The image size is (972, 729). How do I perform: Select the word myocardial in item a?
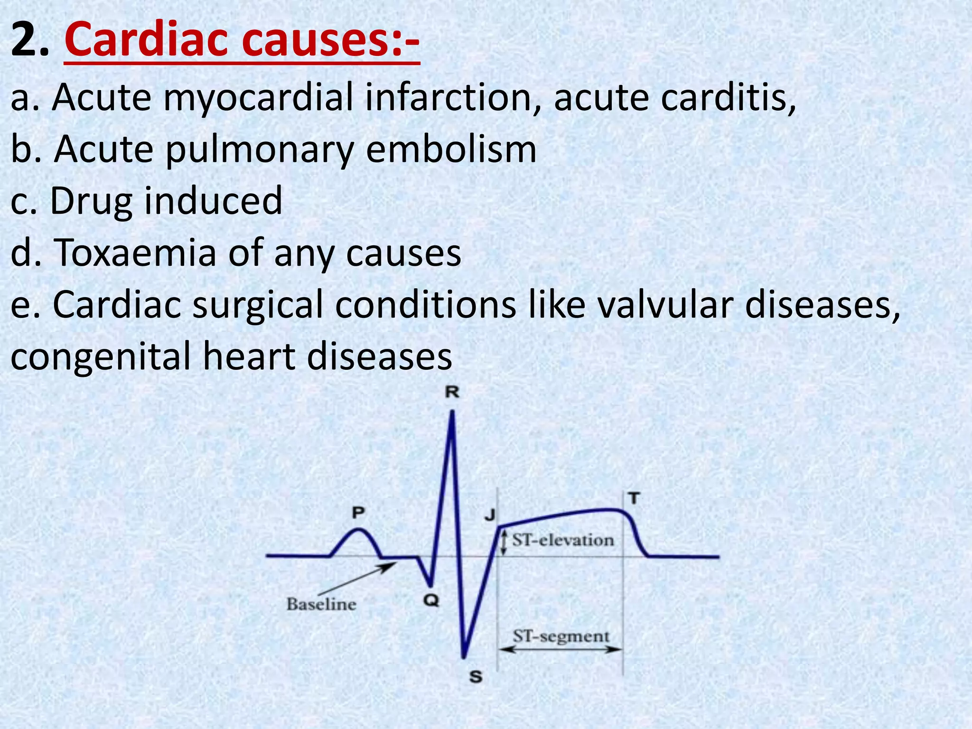259,97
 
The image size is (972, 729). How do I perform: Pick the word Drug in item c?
91,201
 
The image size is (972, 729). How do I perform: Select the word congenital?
100,356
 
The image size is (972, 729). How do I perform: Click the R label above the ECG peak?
452,393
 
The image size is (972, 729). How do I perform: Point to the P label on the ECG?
358,513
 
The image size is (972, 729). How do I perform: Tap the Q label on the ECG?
431,601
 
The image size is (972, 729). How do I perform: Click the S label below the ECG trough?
476,677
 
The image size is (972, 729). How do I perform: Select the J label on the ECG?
489,515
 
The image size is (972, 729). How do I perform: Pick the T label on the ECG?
634,499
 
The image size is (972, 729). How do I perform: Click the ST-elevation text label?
563,540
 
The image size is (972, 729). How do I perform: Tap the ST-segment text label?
561,636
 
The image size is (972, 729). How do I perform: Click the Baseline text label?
321,604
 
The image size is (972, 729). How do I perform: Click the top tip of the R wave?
452,412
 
